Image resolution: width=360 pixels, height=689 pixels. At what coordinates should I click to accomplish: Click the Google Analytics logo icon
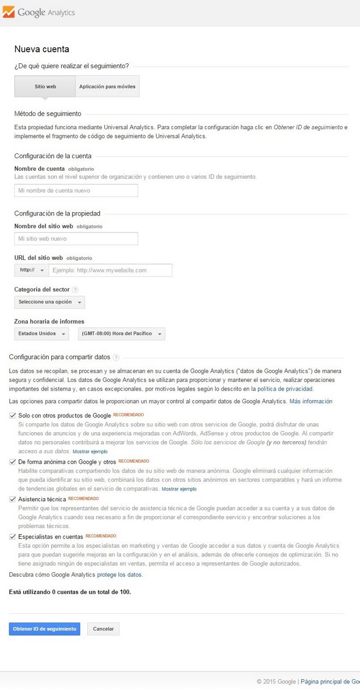coord(9,12)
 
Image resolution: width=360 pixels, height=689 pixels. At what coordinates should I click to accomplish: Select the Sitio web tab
coord(45,86)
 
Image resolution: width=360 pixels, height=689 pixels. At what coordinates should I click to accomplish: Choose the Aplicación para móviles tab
coord(107,86)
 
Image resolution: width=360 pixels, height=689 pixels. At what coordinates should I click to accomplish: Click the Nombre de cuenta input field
coord(76,190)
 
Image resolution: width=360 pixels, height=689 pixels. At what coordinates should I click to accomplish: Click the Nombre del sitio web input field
coord(76,238)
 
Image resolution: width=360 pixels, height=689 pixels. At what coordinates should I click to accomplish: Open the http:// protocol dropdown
coord(32,270)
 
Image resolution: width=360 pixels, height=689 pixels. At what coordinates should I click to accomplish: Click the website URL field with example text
coord(110,270)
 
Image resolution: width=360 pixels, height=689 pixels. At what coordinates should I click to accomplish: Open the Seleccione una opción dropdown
coord(49,302)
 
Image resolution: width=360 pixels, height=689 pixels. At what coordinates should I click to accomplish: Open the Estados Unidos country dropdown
coord(41,333)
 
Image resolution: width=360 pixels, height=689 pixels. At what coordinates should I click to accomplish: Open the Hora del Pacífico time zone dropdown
coord(121,333)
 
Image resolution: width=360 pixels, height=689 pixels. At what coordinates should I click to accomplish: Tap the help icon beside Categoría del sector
coord(75,290)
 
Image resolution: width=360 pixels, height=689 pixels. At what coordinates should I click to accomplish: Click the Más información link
coord(310,401)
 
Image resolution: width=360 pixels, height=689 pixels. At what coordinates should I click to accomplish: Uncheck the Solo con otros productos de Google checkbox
coord(13,415)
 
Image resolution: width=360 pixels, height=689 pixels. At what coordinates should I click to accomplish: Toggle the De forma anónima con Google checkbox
coord(13,461)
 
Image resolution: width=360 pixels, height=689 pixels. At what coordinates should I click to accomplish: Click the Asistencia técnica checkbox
coord(13,499)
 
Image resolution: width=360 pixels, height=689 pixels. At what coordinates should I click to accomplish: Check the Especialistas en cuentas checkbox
coord(13,536)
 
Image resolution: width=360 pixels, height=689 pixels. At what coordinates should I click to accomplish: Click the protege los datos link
coord(119,574)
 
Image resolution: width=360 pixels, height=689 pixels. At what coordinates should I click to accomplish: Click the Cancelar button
coord(103,628)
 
